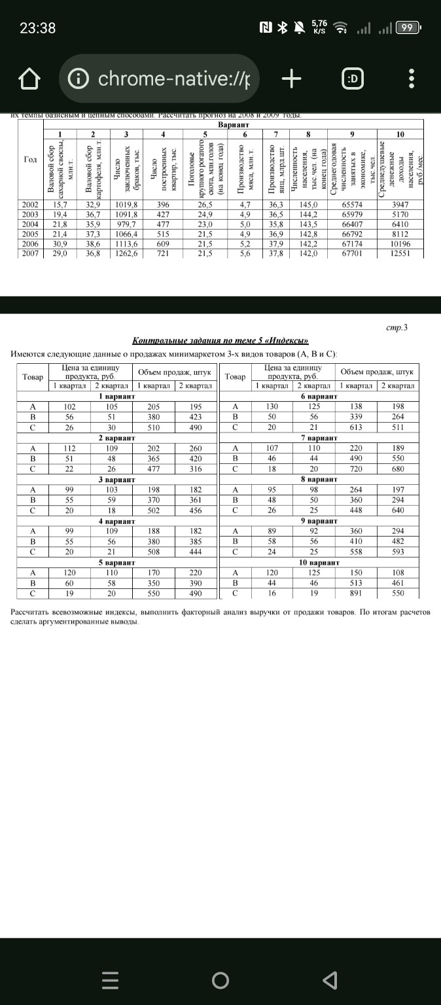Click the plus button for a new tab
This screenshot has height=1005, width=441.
tap(291, 79)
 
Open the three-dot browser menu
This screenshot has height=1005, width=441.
tap(411, 80)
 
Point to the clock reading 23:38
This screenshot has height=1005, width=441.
tap(37, 28)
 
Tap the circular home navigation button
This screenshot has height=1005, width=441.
tap(220, 979)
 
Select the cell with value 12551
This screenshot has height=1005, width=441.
tap(400, 254)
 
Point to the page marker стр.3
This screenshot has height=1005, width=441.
tap(397, 327)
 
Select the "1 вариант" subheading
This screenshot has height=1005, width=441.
tap(117, 397)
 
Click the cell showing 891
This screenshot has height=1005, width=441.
tap(357, 593)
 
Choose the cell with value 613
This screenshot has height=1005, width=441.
tap(357, 428)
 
